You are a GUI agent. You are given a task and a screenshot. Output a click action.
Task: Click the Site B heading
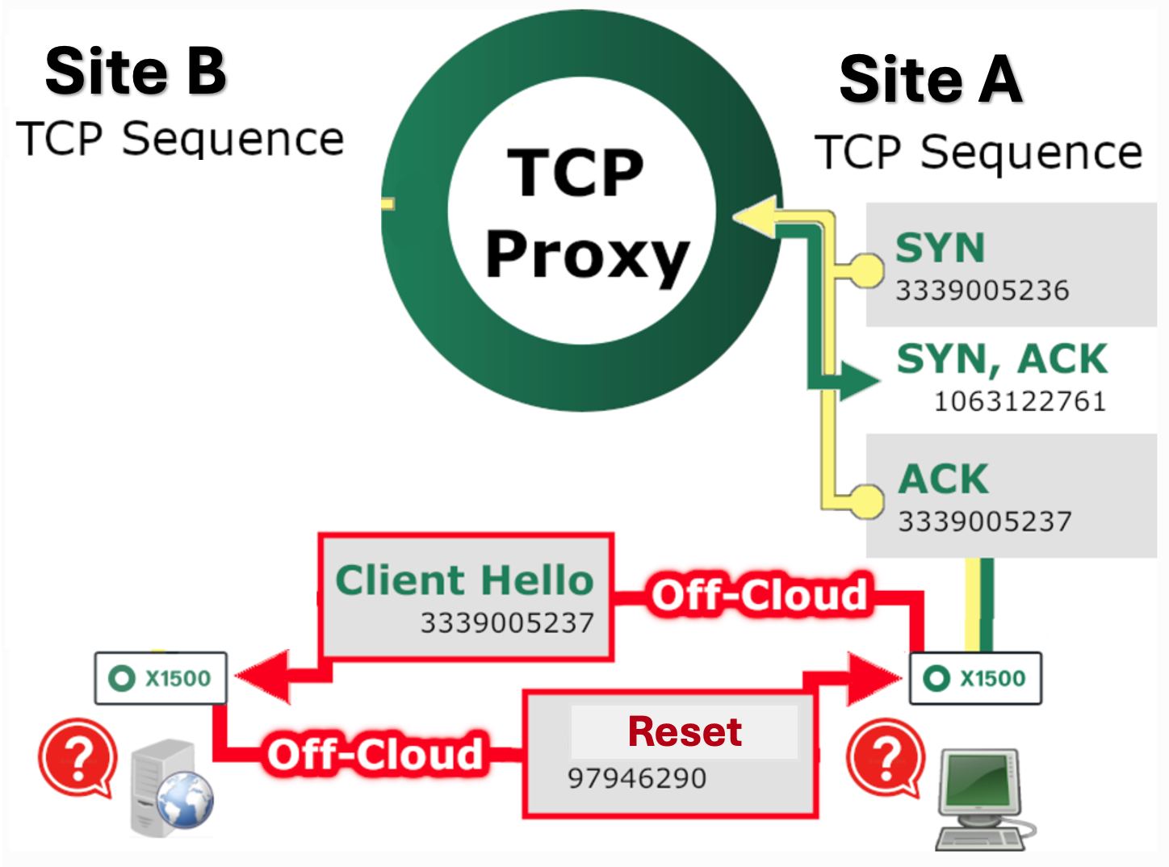[136, 71]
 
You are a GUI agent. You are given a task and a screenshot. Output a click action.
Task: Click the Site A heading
[931, 80]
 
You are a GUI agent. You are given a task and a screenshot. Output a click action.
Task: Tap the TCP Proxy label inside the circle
[582, 213]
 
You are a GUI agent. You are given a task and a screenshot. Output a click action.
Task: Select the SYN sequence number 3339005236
[983, 291]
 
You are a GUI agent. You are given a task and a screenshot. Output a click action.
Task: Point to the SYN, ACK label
[1002, 358]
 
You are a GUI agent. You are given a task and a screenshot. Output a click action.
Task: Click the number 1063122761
[1020, 401]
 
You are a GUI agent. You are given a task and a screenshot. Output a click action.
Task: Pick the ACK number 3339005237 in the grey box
[985, 521]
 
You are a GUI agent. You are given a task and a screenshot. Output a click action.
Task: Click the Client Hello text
[465, 580]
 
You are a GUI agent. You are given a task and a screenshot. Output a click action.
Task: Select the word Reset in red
[685, 732]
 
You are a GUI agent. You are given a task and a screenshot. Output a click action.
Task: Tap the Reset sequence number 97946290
[637, 779]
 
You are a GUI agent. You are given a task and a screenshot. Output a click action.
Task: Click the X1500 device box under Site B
[161, 678]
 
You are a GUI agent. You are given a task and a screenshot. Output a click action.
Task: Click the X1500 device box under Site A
[975, 678]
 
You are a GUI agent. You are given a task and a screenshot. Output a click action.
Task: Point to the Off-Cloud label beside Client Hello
[759, 595]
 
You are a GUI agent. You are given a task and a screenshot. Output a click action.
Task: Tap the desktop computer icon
[981, 799]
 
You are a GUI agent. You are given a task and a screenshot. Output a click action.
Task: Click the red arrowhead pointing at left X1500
[262, 676]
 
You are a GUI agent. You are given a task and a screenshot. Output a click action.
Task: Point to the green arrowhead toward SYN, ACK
[857, 379]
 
